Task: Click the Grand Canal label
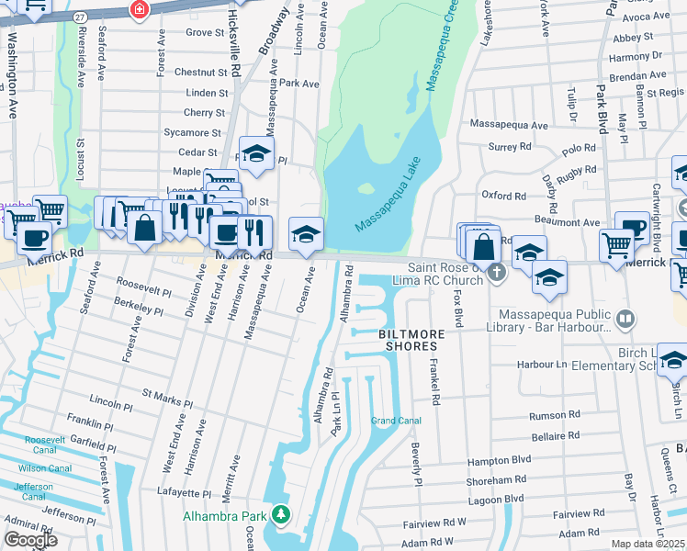396,421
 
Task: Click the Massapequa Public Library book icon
625,320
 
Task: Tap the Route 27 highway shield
80,17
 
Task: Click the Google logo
30,539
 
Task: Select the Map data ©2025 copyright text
648,544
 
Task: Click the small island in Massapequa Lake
366,189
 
